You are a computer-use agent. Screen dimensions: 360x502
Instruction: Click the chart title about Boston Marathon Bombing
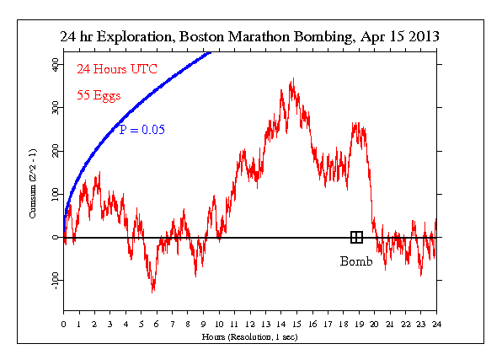249,38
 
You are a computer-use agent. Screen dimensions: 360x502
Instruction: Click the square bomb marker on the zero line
356,238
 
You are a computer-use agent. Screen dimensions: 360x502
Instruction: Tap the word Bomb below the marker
356,261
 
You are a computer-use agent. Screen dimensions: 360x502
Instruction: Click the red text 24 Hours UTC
112,70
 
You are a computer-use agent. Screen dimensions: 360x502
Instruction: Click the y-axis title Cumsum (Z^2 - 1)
33,181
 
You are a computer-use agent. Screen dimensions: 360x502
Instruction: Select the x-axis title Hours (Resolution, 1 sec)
250,336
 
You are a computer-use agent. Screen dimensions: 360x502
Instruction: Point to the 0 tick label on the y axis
56,237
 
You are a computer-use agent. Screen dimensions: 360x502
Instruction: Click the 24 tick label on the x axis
436,324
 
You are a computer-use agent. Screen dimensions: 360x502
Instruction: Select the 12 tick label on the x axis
250,324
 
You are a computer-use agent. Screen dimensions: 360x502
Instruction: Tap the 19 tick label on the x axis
359,324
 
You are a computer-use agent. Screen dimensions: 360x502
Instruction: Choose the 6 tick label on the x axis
157,324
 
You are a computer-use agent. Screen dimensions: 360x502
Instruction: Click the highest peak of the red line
292,80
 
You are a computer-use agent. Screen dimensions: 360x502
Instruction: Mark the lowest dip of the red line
152,292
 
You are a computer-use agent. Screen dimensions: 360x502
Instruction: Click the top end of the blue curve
209,54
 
